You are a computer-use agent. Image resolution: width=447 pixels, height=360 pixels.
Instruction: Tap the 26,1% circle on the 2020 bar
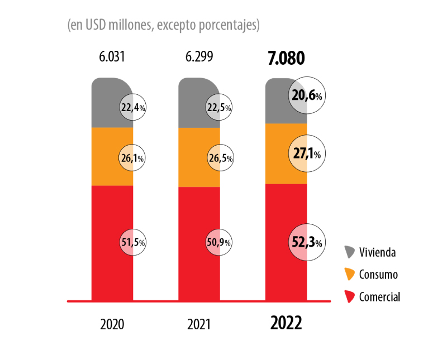pyautogui.click(x=133, y=159)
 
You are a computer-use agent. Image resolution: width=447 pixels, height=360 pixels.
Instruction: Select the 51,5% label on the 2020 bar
pyautogui.click(x=133, y=242)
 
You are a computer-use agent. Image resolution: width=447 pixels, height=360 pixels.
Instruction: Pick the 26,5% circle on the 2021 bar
pyautogui.click(x=220, y=159)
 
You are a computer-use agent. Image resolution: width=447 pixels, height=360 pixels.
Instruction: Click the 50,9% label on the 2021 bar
pyautogui.click(x=220, y=242)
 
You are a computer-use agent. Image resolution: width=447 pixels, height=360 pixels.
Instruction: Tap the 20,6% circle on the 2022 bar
pyautogui.click(x=307, y=96)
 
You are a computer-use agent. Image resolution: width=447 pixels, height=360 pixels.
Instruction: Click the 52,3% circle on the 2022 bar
pyautogui.click(x=307, y=242)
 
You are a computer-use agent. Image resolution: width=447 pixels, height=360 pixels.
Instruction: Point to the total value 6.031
pyautogui.click(x=112, y=57)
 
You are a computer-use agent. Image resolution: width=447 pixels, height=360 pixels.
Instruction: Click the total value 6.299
pyautogui.click(x=198, y=57)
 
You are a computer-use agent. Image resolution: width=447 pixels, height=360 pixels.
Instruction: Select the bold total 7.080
pyautogui.click(x=286, y=58)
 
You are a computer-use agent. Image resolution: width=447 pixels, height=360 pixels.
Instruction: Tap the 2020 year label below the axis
pyautogui.click(x=112, y=324)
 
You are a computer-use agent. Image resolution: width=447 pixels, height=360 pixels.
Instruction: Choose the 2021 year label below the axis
pyautogui.click(x=198, y=324)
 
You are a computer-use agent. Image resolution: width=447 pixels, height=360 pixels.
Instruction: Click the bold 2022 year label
pyautogui.click(x=286, y=323)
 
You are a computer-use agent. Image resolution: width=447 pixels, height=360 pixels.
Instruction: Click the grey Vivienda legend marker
pyautogui.click(x=350, y=252)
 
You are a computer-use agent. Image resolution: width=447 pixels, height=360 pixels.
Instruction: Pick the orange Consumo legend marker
pyautogui.click(x=350, y=275)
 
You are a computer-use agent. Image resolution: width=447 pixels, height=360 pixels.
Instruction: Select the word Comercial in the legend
pyautogui.click(x=380, y=297)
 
